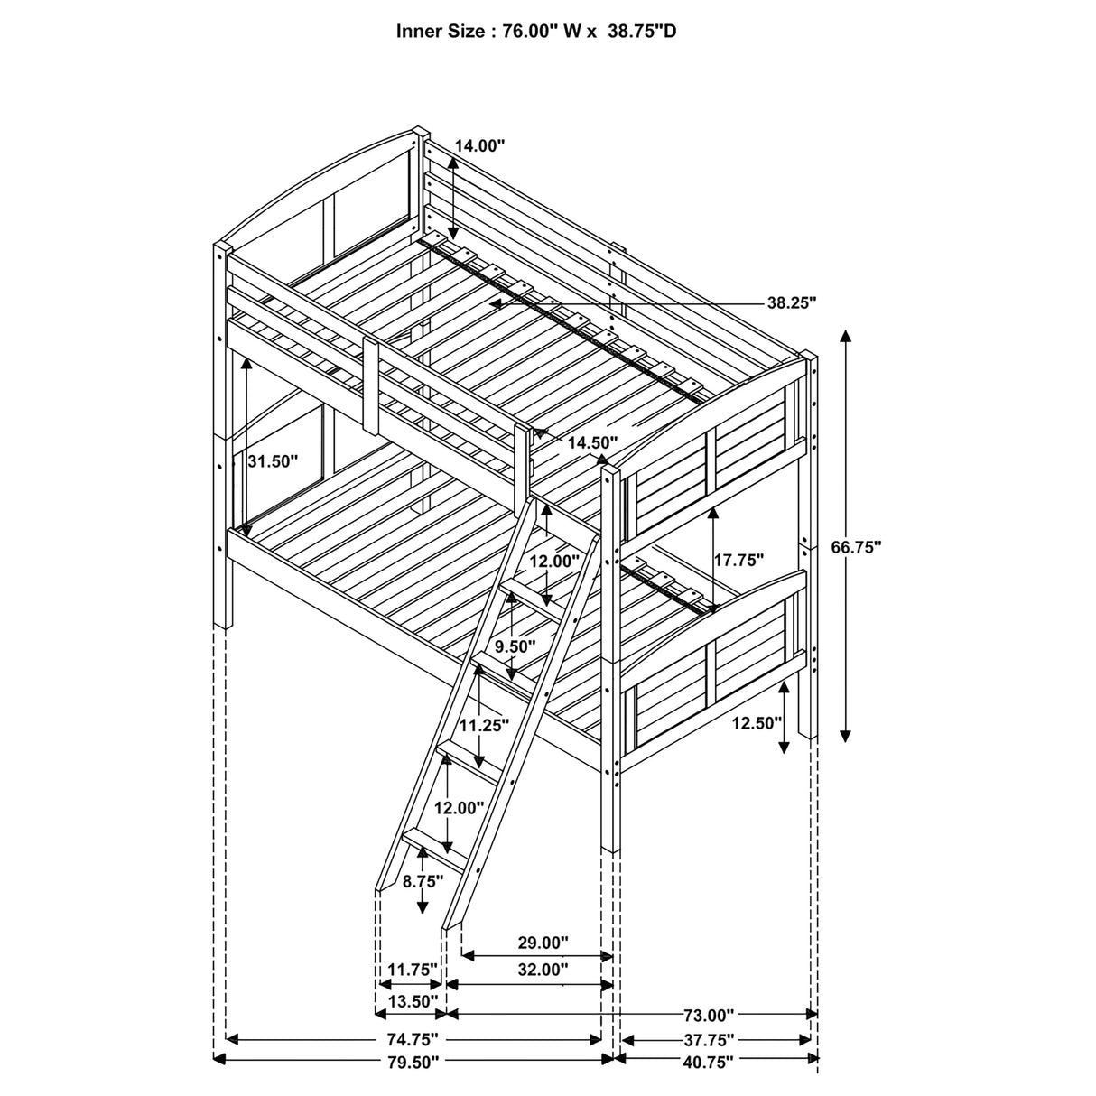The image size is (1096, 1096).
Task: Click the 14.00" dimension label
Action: click(x=479, y=144)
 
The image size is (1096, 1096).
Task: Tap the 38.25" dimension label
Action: click(x=792, y=303)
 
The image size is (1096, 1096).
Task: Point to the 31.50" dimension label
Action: click(x=273, y=461)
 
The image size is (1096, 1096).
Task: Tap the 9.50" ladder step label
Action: click(x=515, y=646)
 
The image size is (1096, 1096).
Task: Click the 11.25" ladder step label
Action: click(x=484, y=724)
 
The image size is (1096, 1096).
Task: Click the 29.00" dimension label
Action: click(x=543, y=943)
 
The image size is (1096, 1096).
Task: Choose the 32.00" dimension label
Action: click(x=543, y=970)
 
